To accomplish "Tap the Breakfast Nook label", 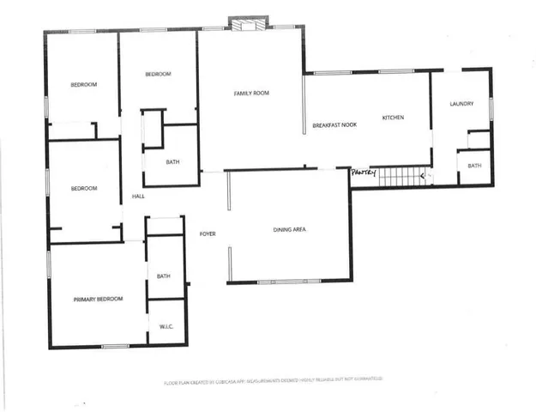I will [x=334, y=125].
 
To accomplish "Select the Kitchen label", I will [x=393, y=117].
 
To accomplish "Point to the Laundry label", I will [x=461, y=104].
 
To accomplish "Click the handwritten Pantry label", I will [x=364, y=172].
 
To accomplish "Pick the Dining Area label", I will [x=290, y=230].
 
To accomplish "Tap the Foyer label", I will [x=208, y=233].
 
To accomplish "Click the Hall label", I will [x=138, y=197].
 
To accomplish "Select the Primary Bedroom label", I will [x=98, y=299].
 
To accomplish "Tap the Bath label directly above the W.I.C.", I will [x=164, y=276].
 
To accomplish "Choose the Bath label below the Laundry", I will [x=474, y=166].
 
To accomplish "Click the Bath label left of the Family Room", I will [x=172, y=162].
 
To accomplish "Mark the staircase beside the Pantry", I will [x=402, y=177].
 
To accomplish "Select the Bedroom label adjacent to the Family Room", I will [x=158, y=75].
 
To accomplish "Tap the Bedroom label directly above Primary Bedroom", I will [x=84, y=189].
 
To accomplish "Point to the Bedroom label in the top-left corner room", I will [x=83, y=84].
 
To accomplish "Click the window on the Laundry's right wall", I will [x=491, y=106].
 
